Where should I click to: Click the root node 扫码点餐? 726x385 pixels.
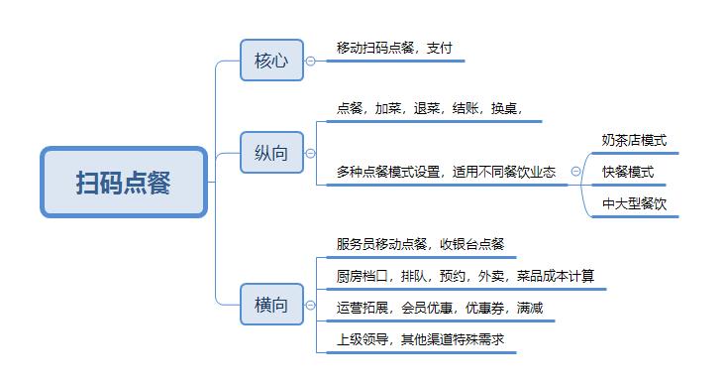click(124, 183)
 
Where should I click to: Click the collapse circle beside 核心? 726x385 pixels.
click(310, 61)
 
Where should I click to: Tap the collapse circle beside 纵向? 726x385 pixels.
click(310, 154)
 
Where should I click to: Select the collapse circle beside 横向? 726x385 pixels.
click(310, 305)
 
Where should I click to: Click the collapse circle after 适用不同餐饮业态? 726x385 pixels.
click(575, 172)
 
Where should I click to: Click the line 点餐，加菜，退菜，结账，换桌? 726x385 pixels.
click(429, 108)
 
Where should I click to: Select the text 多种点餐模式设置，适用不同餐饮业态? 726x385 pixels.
click(446, 171)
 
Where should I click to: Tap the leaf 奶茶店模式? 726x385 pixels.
click(634, 140)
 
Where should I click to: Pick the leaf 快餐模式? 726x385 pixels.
click(627, 172)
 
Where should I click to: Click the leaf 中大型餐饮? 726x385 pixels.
click(634, 203)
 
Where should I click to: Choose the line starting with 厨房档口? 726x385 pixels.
click(465, 275)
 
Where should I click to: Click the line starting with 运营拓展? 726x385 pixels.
click(439, 308)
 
